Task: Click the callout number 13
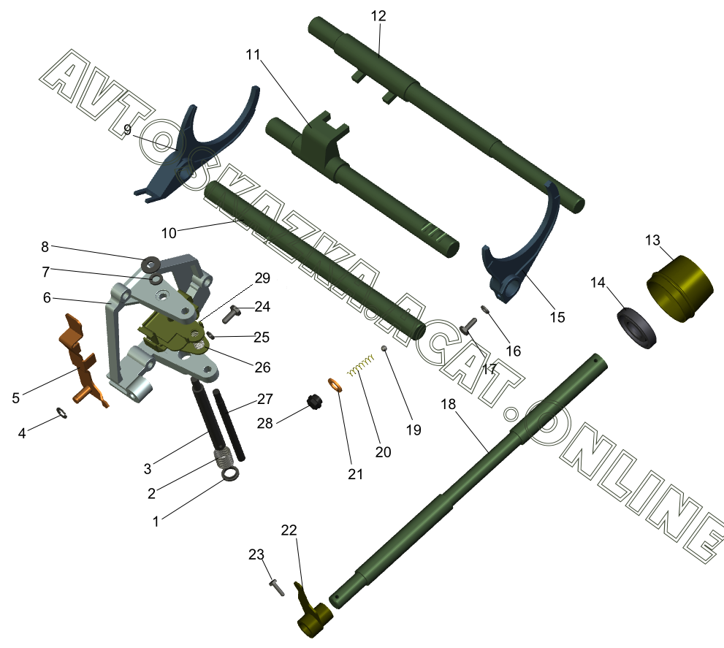tap(652, 240)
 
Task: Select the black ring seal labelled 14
tap(636, 329)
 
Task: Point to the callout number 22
tap(289, 530)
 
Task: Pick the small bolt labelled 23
tap(275, 586)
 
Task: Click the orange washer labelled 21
tap(335, 385)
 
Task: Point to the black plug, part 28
tap(315, 403)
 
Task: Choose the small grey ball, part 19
tap(384, 348)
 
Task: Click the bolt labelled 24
tap(233, 313)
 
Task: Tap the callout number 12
tap(378, 15)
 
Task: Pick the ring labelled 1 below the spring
tap(231, 475)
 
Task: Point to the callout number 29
tap(262, 278)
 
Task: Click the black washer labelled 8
tap(152, 262)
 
